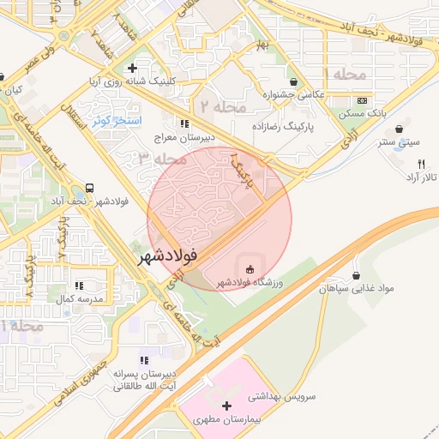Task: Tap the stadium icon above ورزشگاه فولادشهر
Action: tap(250, 269)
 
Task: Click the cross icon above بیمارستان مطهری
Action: tap(227, 406)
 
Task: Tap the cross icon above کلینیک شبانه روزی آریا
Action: tap(131, 68)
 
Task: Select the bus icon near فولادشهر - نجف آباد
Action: tap(89, 188)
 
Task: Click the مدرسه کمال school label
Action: tap(79, 298)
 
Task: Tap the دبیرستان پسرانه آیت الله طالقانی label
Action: tap(147, 382)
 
